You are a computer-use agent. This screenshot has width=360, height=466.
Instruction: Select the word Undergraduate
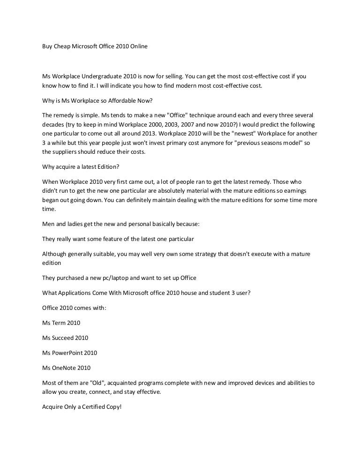coord(100,76)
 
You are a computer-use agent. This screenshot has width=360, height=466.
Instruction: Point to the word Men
coord(48,224)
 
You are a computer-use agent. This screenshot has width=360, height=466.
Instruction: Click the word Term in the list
coord(59,323)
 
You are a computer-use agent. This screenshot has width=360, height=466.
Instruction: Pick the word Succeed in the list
coord(64,338)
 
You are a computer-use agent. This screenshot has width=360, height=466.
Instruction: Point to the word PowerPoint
coord(68,353)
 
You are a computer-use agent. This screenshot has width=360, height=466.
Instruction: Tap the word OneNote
coord(64,368)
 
